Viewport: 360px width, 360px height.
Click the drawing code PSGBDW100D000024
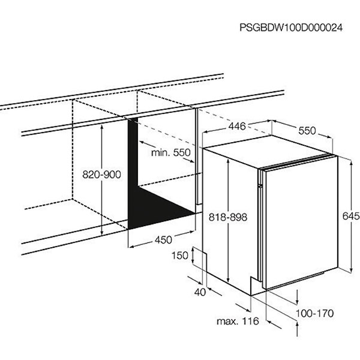[291, 28]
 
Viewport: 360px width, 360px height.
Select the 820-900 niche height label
[101, 175]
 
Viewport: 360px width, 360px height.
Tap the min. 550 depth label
[171, 152]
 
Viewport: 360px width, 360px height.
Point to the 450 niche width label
[163, 240]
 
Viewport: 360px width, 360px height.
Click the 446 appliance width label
[237, 126]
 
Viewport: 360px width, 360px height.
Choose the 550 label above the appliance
[307, 131]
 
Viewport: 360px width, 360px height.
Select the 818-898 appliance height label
[228, 217]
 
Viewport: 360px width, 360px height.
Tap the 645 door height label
[351, 216]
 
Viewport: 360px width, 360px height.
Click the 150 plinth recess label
[180, 256]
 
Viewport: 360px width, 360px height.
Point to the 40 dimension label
[200, 292]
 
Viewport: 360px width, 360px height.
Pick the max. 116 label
[238, 321]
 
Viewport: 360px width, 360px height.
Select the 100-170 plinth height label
[314, 313]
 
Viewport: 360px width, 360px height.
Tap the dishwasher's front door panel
[301, 222]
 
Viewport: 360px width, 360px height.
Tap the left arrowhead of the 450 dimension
[131, 247]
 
